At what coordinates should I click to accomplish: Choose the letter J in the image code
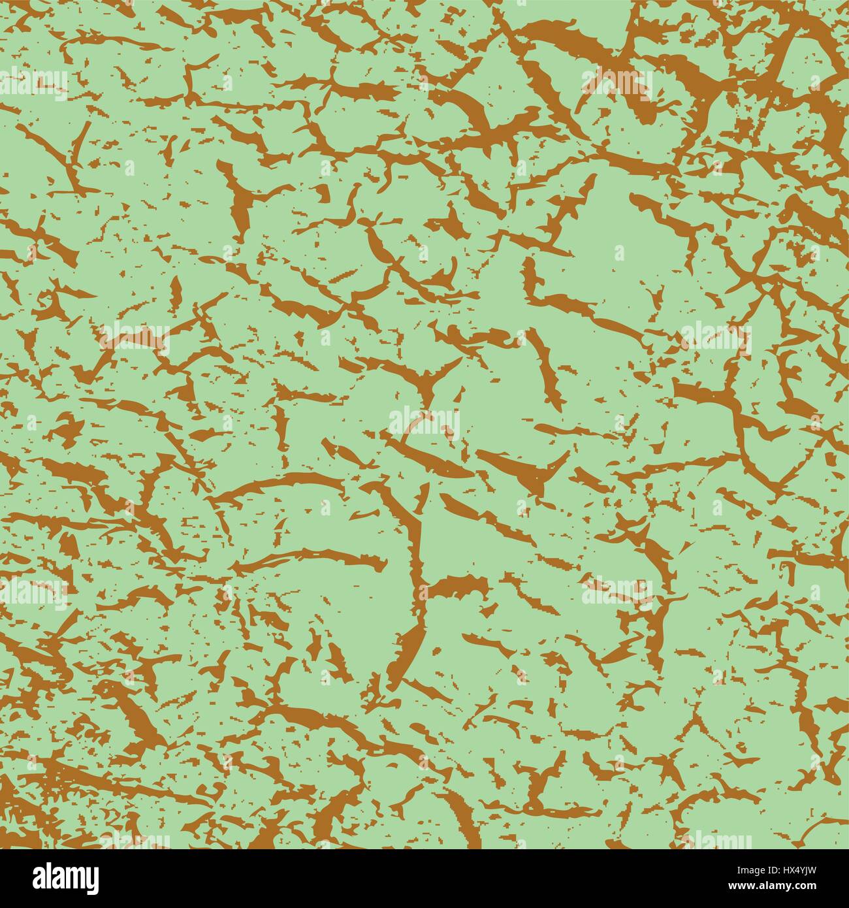pos(805,870)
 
